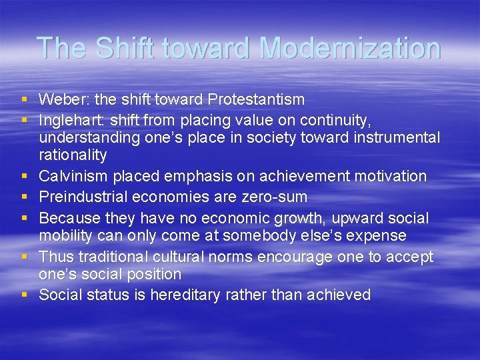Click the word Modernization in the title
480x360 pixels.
[x=349, y=48]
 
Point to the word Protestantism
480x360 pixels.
[x=256, y=100]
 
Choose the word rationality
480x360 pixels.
[x=73, y=155]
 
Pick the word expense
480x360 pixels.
[x=374, y=235]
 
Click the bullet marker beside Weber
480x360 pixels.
[x=25, y=100]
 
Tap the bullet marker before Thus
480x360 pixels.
[x=25, y=257]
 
